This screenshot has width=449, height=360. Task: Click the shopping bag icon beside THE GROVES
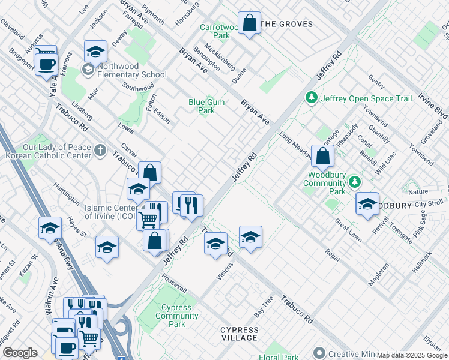[x=249, y=24]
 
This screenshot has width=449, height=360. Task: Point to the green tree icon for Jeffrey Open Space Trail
[x=311, y=98]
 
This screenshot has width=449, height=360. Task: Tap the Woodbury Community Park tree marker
[x=355, y=181]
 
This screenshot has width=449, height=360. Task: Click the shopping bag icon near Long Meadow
[x=323, y=157]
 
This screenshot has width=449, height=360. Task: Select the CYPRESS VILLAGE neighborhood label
[x=239, y=334]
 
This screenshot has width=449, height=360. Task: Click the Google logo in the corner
[x=20, y=353]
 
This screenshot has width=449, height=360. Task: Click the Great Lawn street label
[x=348, y=230]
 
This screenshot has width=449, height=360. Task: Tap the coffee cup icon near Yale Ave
[x=46, y=64]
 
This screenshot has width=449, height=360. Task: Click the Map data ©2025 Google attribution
[x=412, y=355]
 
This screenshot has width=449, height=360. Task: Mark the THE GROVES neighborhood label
[x=288, y=24]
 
